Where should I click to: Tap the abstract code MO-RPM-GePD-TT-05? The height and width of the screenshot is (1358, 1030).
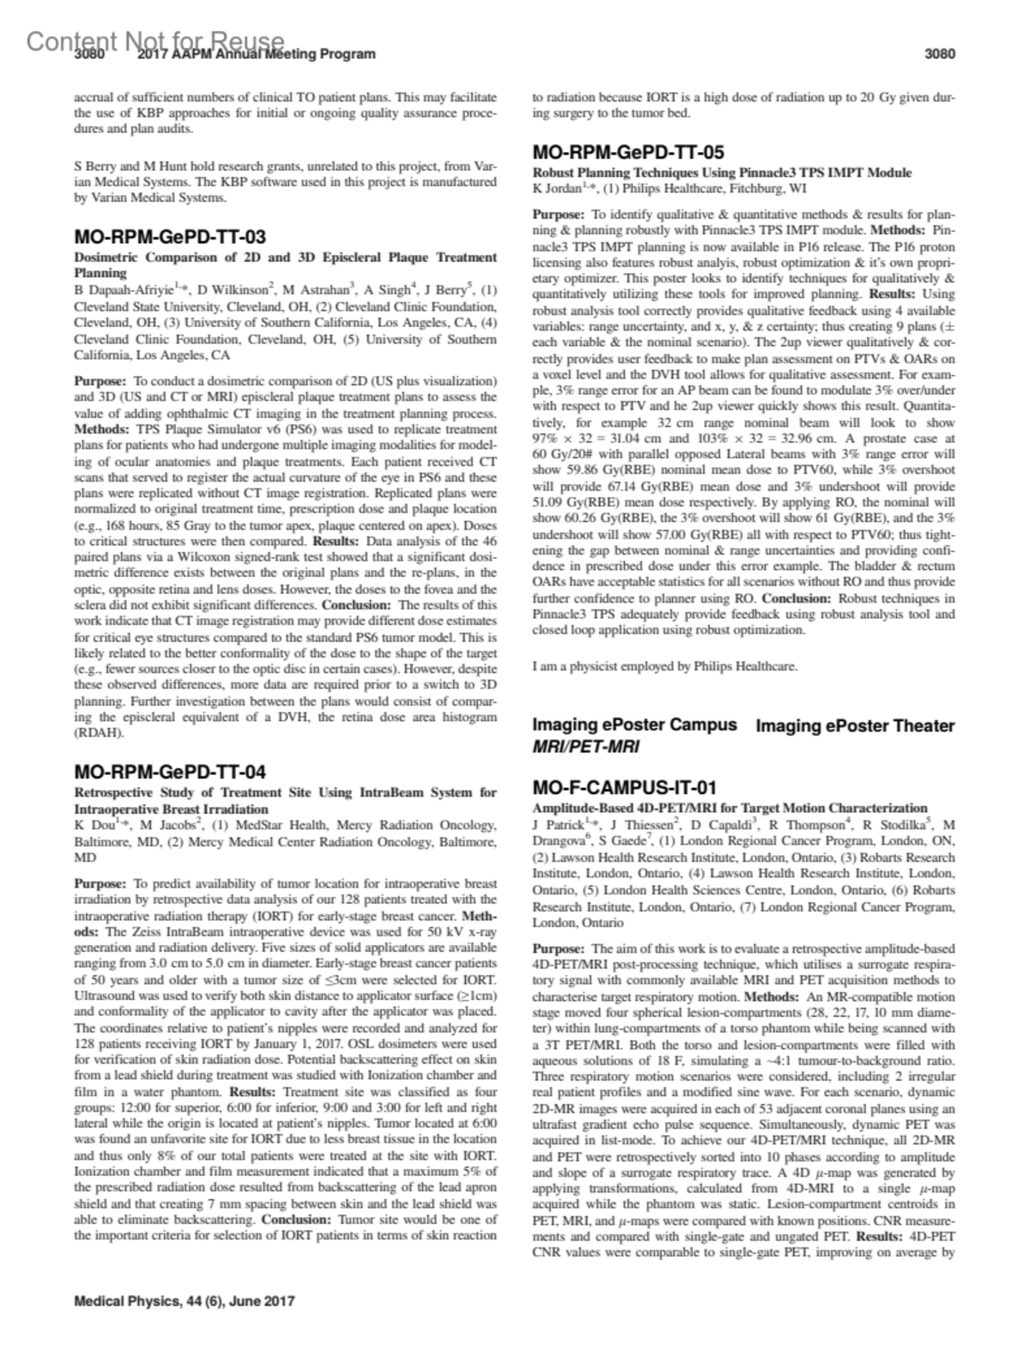(x=628, y=153)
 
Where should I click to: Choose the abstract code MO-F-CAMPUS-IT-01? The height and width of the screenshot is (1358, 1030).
(x=624, y=788)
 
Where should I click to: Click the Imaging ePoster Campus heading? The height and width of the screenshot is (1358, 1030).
(x=634, y=724)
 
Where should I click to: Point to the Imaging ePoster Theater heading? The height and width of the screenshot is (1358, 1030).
(x=855, y=726)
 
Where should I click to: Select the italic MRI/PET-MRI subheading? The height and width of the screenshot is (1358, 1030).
(x=586, y=747)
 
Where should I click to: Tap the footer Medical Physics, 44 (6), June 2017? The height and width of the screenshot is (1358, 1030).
(x=185, y=1300)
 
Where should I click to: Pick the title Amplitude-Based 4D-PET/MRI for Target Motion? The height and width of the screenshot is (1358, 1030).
(x=730, y=808)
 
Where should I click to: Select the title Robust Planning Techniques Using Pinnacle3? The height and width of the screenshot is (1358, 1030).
(x=722, y=173)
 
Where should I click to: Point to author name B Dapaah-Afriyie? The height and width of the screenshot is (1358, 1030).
(x=123, y=290)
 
